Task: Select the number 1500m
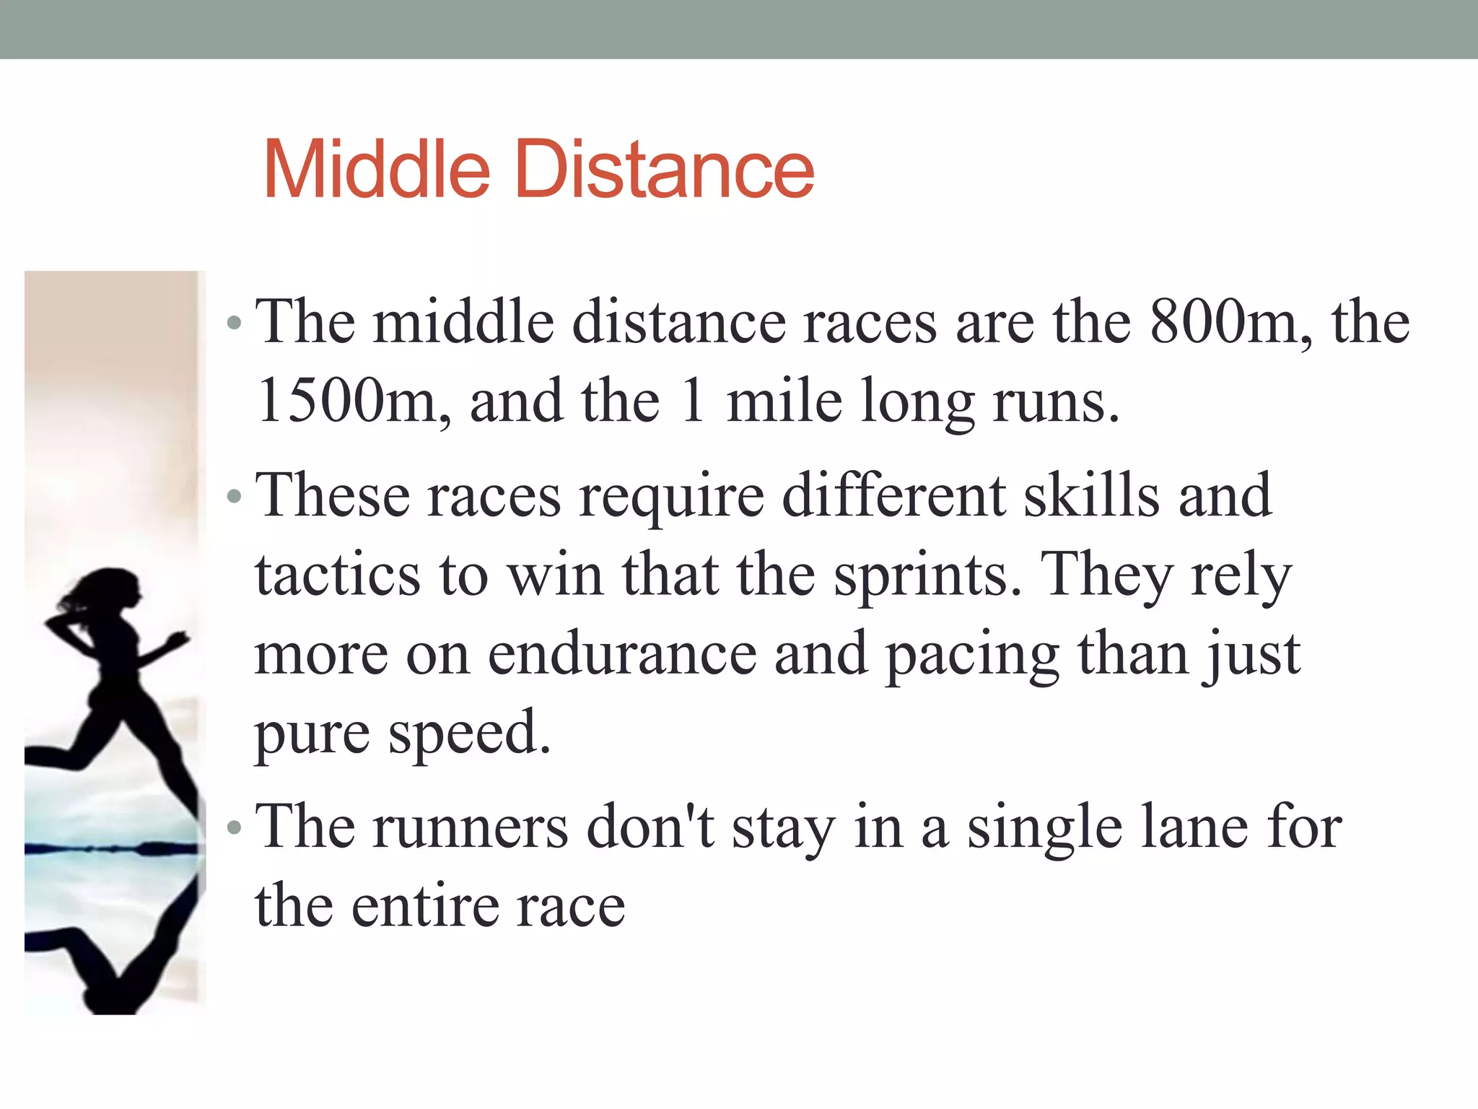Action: tap(354, 401)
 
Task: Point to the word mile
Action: tap(784, 401)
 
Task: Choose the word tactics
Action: tap(337, 575)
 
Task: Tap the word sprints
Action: tap(928, 575)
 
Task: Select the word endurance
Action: tap(622, 654)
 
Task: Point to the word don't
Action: tap(650, 827)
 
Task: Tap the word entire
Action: tap(423, 906)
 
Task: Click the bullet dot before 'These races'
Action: tap(233, 497)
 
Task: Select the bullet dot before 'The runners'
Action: tap(233, 827)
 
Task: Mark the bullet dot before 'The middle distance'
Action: tap(233, 323)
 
